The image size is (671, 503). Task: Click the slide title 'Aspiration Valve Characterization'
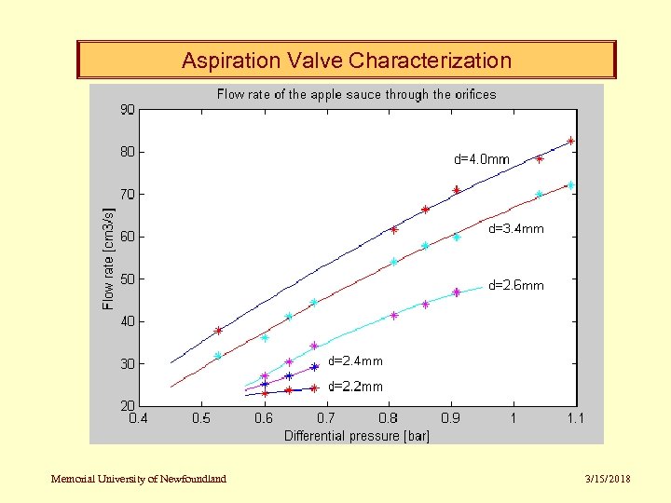346,61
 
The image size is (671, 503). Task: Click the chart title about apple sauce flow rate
356,94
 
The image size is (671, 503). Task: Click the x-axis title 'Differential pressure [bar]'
356,435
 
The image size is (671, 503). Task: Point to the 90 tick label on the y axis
127,109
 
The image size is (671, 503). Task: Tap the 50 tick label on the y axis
127,279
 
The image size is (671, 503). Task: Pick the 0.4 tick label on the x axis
138,418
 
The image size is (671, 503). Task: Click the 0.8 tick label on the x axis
388,418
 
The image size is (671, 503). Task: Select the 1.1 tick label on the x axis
575,418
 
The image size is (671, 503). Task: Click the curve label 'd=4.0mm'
482,159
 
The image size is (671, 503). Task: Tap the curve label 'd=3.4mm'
516,228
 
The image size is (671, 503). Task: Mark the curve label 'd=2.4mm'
355,360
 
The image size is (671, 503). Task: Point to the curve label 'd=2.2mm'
355,387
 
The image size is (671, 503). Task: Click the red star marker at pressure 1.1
570,142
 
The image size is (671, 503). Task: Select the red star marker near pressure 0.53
219,331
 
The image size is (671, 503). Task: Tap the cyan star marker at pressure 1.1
570,185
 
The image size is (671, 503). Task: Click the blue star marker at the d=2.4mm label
314,367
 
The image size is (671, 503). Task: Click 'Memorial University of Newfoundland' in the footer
139,479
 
